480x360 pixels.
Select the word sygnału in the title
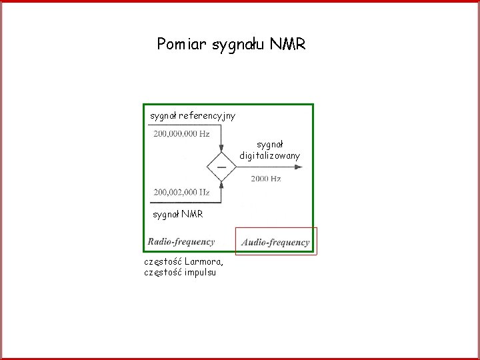click(x=237, y=45)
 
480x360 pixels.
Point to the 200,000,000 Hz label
click(x=181, y=134)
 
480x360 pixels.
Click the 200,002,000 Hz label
click(x=181, y=193)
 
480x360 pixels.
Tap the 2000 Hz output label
click(x=266, y=179)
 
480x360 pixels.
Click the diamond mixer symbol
click(x=221, y=167)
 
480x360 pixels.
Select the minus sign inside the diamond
click(x=221, y=167)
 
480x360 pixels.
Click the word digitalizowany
click(x=270, y=155)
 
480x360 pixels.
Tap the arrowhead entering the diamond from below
click(x=221, y=185)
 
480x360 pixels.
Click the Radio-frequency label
click(x=181, y=242)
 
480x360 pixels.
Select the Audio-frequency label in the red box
click(x=276, y=243)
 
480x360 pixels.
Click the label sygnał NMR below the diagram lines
click(x=177, y=215)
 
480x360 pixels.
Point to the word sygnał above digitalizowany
click(x=271, y=143)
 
